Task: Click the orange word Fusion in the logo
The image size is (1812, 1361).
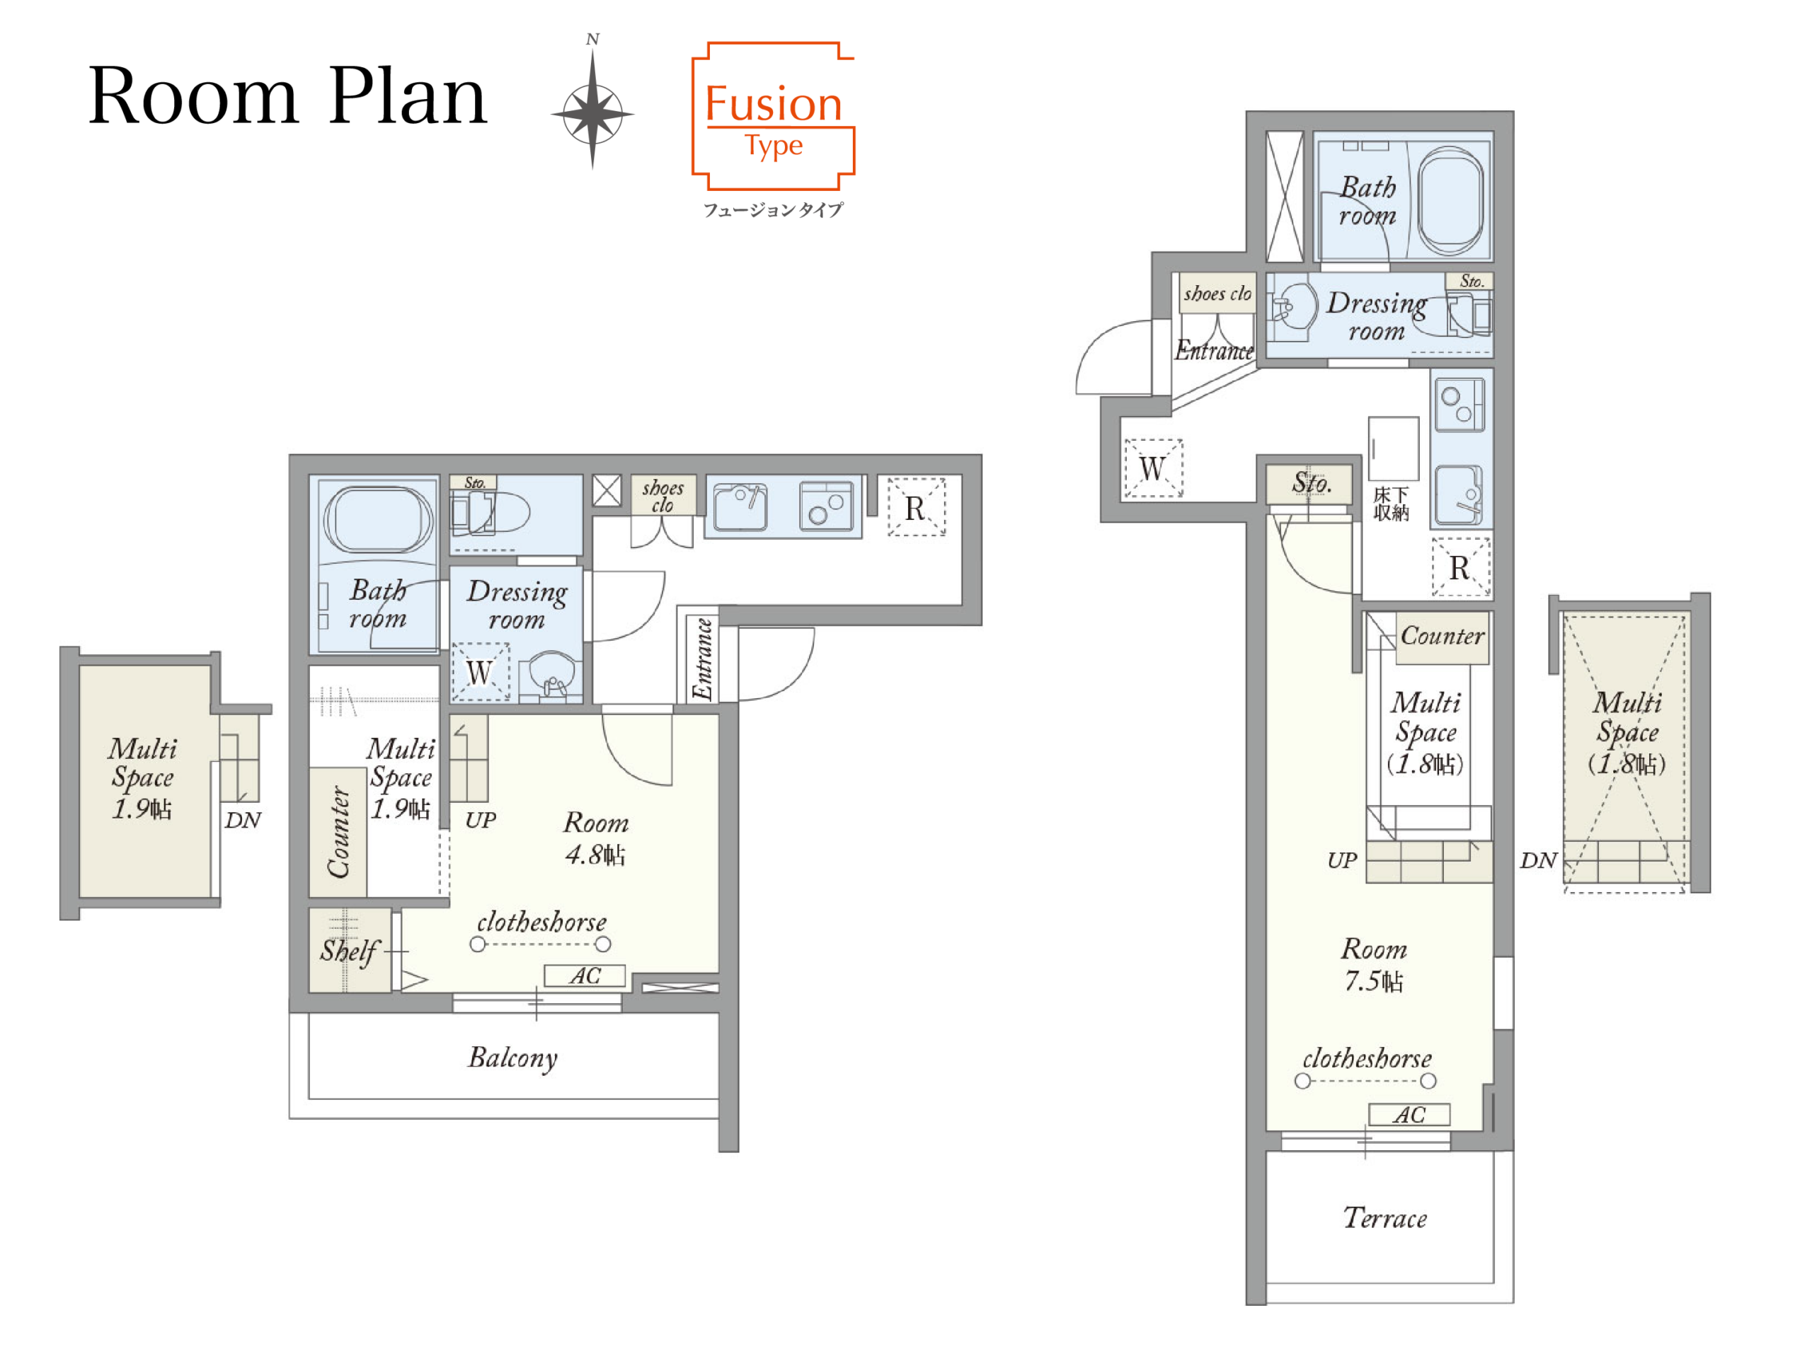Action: pyautogui.click(x=774, y=105)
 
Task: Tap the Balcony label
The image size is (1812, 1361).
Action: pyautogui.click(x=512, y=1058)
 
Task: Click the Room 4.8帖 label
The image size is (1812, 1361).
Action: pyautogui.click(x=595, y=838)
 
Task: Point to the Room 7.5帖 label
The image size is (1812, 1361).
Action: pyautogui.click(x=1374, y=965)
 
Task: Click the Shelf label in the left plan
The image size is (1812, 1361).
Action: pyautogui.click(x=349, y=951)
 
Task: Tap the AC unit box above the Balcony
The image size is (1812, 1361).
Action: pyautogui.click(x=585, y=976)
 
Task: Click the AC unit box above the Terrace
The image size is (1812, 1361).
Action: pyautogui.click(x=1409, y=1115)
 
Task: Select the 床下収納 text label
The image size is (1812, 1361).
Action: pyautogui.click(x=1391, y=504)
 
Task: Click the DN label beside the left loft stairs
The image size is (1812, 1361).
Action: pyautogui.click(x=243, y=821)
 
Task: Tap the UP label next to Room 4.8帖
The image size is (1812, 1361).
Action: pyautogui.click(x=480, y=821)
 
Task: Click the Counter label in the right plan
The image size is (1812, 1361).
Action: pyautogui.click(x=1442, y=636)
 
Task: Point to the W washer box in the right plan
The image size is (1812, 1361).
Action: pyautogui.click(x=1152, y=468)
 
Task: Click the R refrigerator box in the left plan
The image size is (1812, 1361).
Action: pyautogui.click(x=917, y=508)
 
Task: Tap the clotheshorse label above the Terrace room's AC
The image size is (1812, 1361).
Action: pyautogui.click(x=1367, y=1059)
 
